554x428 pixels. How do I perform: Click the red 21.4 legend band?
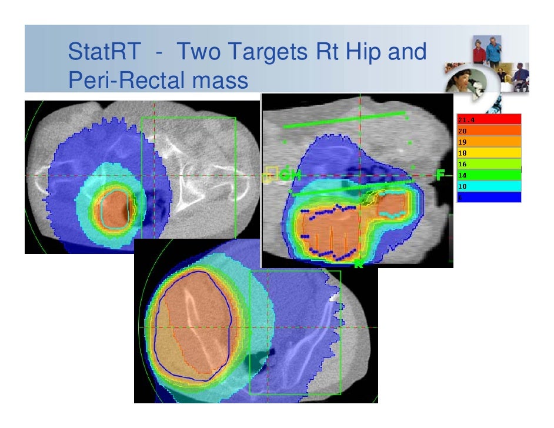pos(488,120)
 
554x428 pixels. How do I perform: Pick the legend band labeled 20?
pos(488,130)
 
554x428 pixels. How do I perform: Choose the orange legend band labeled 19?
pos(488,141)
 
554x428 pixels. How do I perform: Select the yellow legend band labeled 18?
pos(488,153)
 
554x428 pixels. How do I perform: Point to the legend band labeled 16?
pos(488,163)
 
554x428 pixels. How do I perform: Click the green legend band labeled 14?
pos(488,175)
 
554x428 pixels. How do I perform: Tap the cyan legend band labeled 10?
pos(488,186)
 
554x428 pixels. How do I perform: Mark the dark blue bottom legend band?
pos(488,197)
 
